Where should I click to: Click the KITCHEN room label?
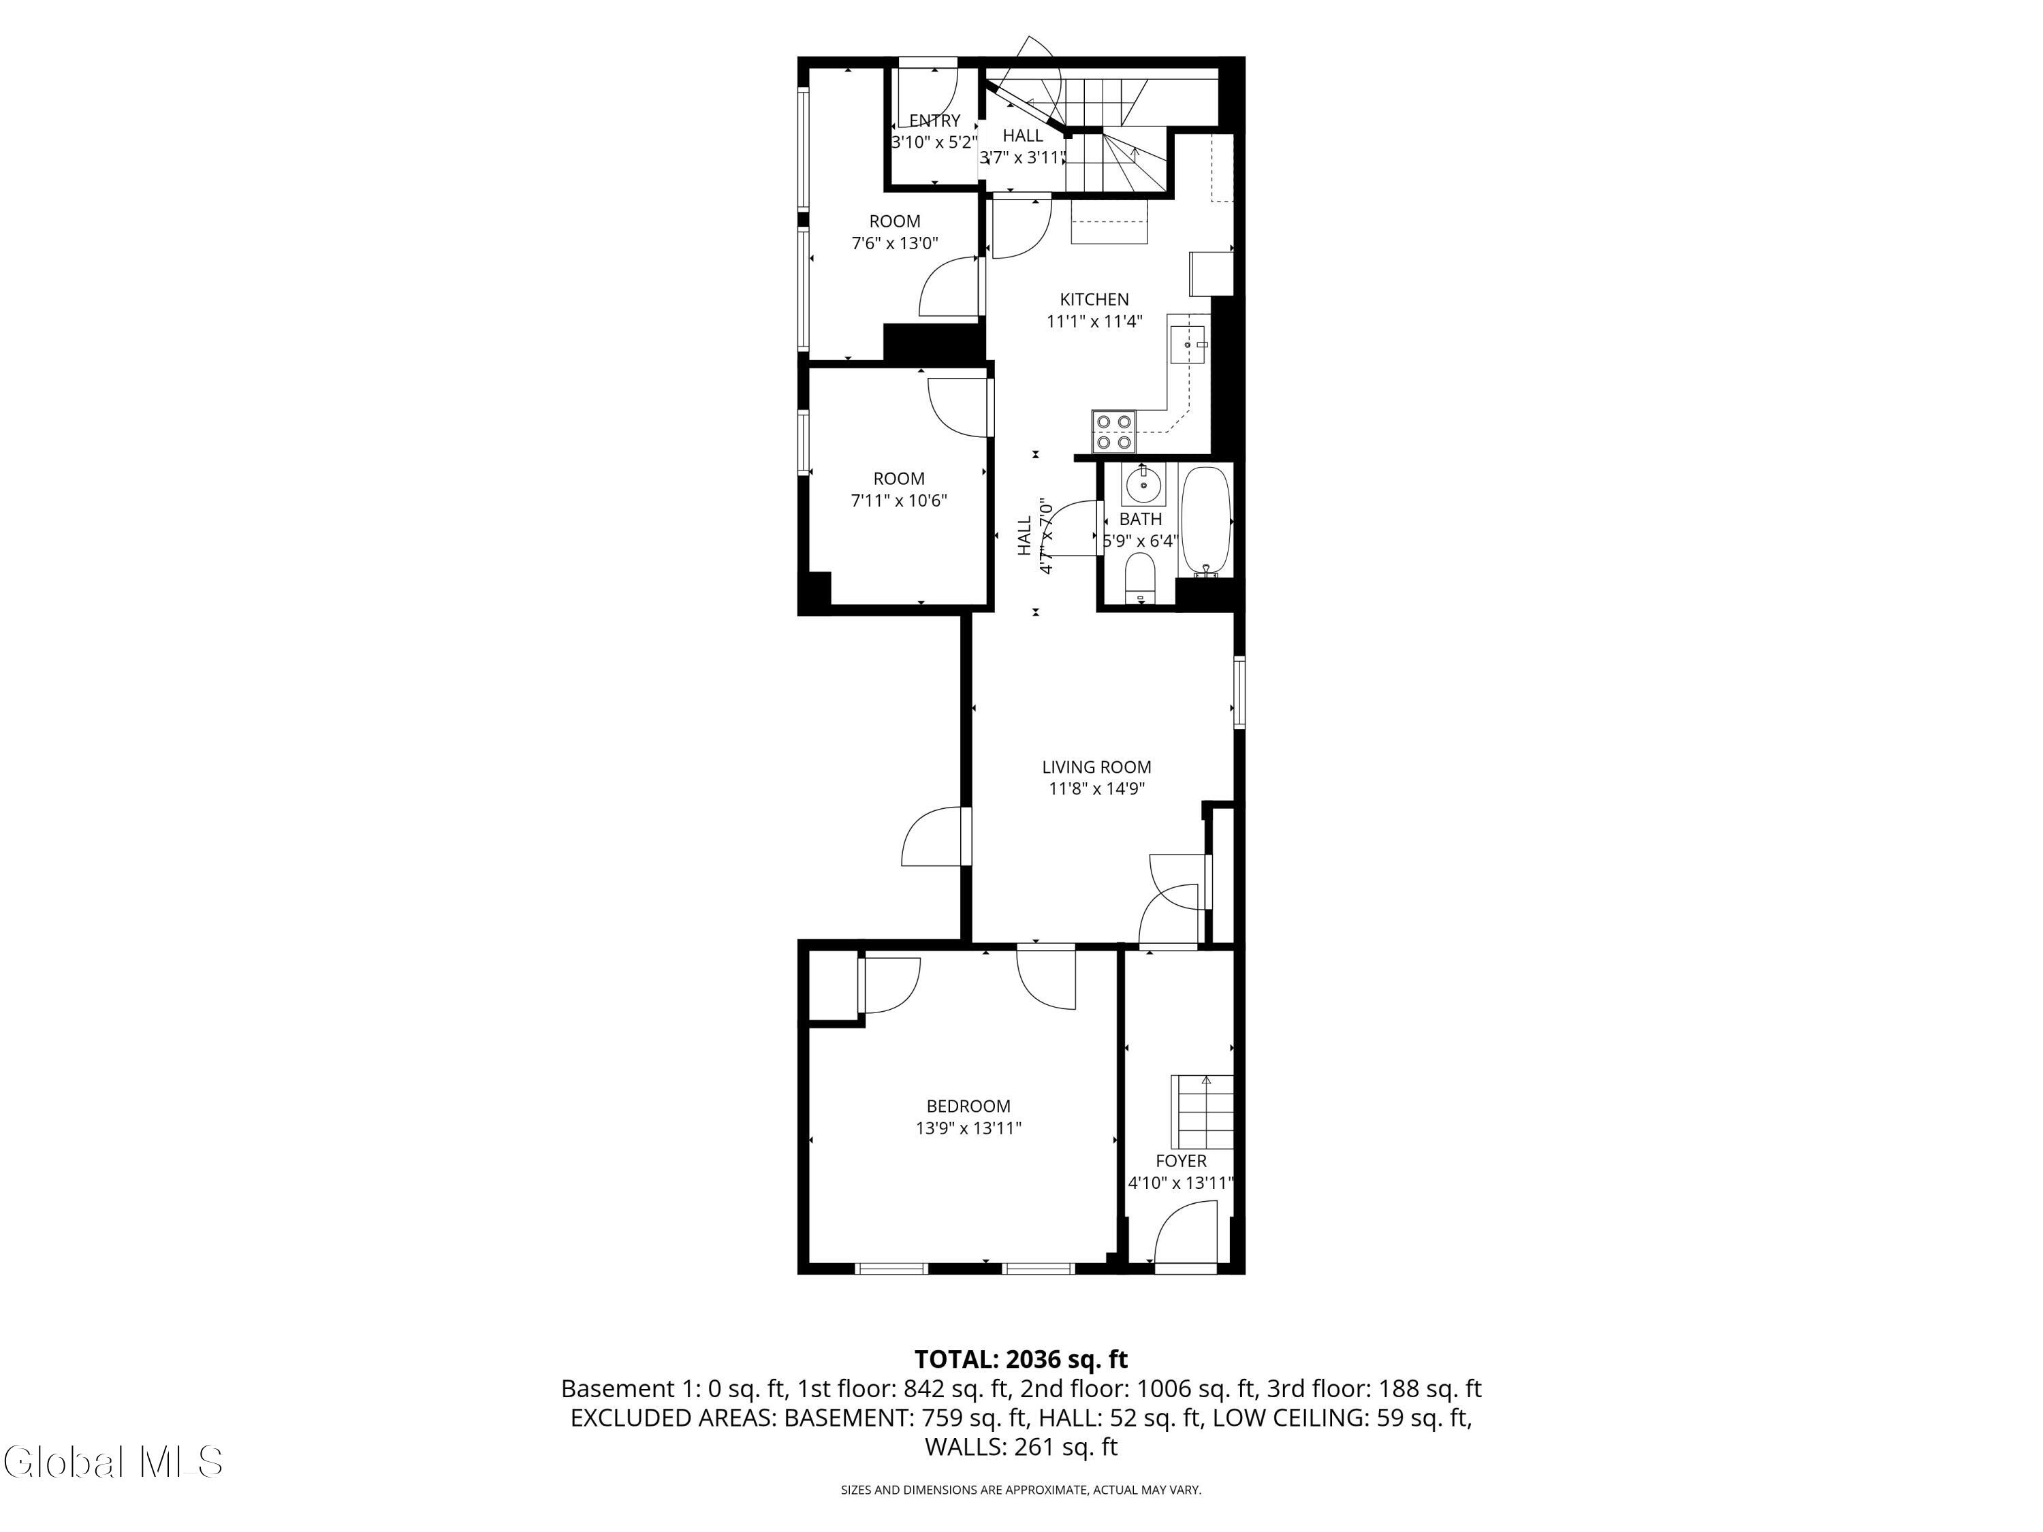[1094, 299]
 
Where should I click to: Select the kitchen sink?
[1188, 344]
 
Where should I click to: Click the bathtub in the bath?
[1206, 521]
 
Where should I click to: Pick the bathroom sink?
[1143, 484]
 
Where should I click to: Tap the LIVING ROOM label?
[1096, 767]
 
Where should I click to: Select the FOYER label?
[1182, 1161]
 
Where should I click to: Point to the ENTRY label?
[935, 120]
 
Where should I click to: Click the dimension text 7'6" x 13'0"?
[894, 244]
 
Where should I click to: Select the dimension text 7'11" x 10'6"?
[899, 500]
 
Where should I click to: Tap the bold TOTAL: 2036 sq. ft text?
[1021, 1359]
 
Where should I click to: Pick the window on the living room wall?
[1239, 692]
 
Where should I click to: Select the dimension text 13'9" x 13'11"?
[969, 1128]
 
